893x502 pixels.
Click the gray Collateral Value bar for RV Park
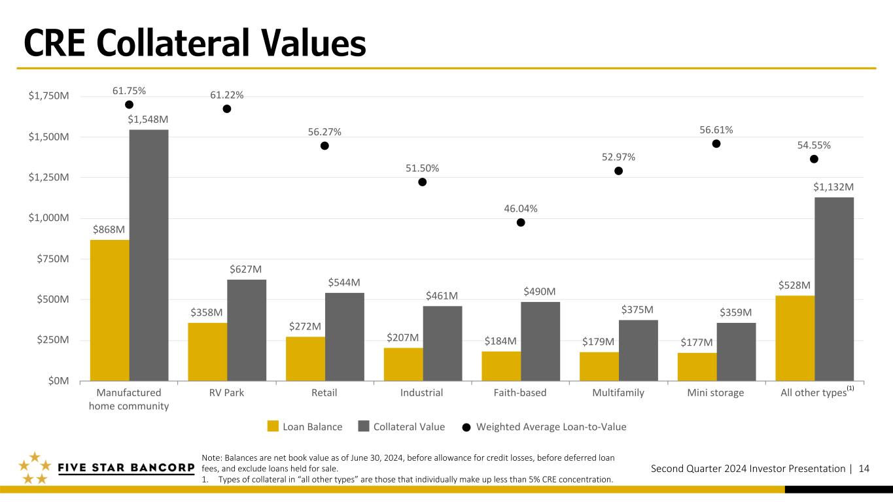[247, 330]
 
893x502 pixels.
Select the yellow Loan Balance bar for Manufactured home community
[110, 310]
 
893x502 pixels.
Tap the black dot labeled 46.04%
[521, 222]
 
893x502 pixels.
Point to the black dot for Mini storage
[716, 143]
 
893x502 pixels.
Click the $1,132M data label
[833, 187]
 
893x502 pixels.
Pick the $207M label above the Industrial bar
[402, 338]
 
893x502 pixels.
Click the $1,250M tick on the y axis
[48, 177]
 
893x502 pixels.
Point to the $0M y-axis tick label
[59, 381]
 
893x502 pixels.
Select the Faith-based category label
[520, 393]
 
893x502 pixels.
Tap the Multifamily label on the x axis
[618, 393]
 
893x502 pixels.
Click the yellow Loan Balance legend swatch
[273, 426]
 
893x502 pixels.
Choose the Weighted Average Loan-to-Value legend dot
[466, 427]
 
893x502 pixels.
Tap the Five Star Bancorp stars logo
[35, 468]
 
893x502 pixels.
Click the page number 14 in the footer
[864, 469]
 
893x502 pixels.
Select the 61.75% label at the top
[129, 91]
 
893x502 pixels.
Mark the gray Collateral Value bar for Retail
[344, 337]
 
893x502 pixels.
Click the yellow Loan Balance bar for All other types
[795, 338]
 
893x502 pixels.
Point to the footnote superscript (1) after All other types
[850, 388]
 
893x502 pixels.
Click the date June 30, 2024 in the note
[376, 458]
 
